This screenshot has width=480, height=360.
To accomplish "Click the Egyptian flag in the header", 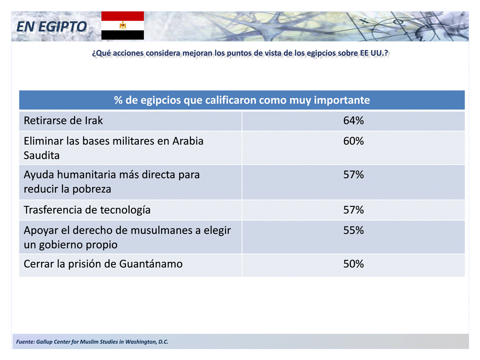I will pyautogui.click(x=122, y=25).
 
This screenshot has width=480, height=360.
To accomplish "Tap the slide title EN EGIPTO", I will pyautogui.click(x=51, y=26).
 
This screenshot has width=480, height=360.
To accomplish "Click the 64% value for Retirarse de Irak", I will pyautogui.click(x=353, y=120).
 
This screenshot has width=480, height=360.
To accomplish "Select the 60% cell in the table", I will pyautogui.click(x=353, y=141).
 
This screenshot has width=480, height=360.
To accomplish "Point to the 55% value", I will pyautogui.click(x=353, y=230).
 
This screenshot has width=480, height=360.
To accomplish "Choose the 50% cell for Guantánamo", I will pyautogui.click(x=353, y=264).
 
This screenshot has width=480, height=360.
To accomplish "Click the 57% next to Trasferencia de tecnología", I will pyautogui.click(x=353, y=210).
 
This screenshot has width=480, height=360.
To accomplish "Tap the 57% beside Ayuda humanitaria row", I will pyautogui.click(x=353, y=175).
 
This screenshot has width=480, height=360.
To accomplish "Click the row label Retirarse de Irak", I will pyautogui.click(x=63, y=120).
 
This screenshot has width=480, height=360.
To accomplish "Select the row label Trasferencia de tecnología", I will pyautogui.click(x=87, y=210).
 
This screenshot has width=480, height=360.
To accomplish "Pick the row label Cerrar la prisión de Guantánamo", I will pyautogui.click(x=103, y=264).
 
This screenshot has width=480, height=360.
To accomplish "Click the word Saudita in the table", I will pyautogui.click(x=41, y=155).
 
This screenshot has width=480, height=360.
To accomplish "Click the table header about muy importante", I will pyautogui.click(x=242, y=100).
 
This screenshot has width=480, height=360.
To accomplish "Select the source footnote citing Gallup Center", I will pyautogui.click(x=92, y=342).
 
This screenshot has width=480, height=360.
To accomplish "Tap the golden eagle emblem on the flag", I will pyautogui.click(x=122, y=25).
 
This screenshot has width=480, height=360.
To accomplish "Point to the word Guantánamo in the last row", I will pyautogui.click(x=150, y=264).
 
